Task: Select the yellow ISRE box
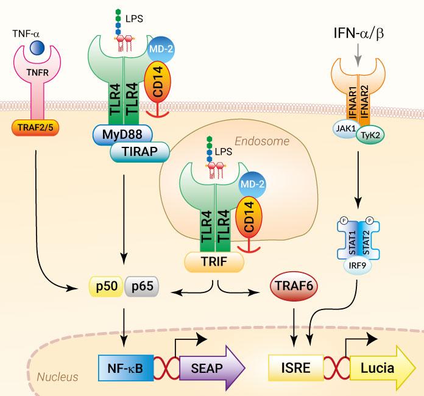click(x=293, y=368)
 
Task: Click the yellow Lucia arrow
click(x=377, y=367)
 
